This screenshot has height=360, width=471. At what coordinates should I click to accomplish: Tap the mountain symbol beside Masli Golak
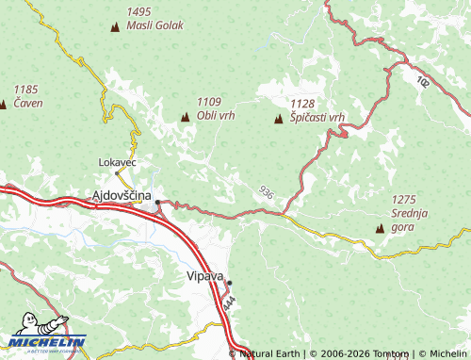(x=115, y=27)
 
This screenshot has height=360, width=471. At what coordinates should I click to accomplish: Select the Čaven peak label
(x=27, y=102)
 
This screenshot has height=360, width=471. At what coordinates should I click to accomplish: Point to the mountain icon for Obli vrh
(x=184, y=118)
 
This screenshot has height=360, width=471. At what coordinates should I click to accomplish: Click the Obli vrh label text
(x=216, y=115)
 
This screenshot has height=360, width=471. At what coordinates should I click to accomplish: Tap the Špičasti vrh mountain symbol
(x=278, y=119)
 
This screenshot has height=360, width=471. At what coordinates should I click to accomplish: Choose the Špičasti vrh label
(x=317, y=116)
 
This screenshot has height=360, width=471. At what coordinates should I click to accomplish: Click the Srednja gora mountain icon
(x=380, y=228)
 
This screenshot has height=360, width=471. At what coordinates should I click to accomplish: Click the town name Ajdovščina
(x=120, y=196)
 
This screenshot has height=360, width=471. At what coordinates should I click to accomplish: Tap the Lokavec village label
(x=118, y=162)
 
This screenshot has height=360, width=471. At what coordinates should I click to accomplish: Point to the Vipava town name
(x=205, y=277)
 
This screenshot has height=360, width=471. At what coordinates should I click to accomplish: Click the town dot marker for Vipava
(x=229, y=283)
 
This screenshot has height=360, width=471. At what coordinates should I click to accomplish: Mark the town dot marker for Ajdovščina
(x=157, y=201)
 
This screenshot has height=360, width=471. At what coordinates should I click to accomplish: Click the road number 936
(x=267, y=192)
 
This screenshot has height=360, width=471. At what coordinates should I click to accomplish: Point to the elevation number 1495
(x=138, y=11)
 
